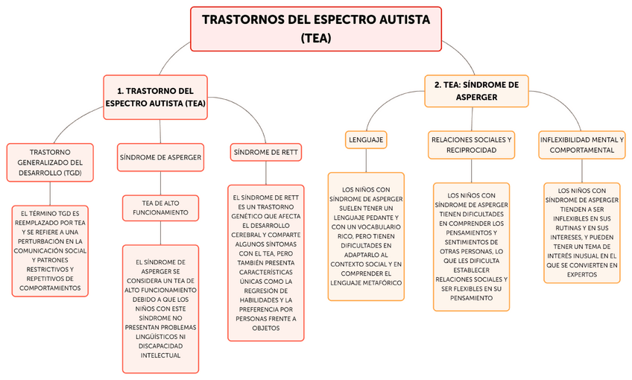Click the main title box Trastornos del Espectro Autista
[x=317, y=28]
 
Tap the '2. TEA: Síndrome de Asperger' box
[x=476, y=91]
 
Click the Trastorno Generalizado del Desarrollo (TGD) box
[x=51, y=162]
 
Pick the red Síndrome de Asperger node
[x=160, y=157]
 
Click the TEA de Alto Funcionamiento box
[x=161, y=207]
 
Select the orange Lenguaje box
[x=366, y=139]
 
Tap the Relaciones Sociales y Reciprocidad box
[x=471, y=145]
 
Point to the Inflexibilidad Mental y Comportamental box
[x=581, y=145]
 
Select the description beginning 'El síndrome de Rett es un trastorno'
[x=265, y=262]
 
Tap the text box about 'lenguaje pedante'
[x=366, y=236]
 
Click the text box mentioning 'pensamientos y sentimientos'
[x=470, y=246]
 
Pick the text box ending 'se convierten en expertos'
[x=581, y=232]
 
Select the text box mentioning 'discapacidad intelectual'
[x=160, y=308]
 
